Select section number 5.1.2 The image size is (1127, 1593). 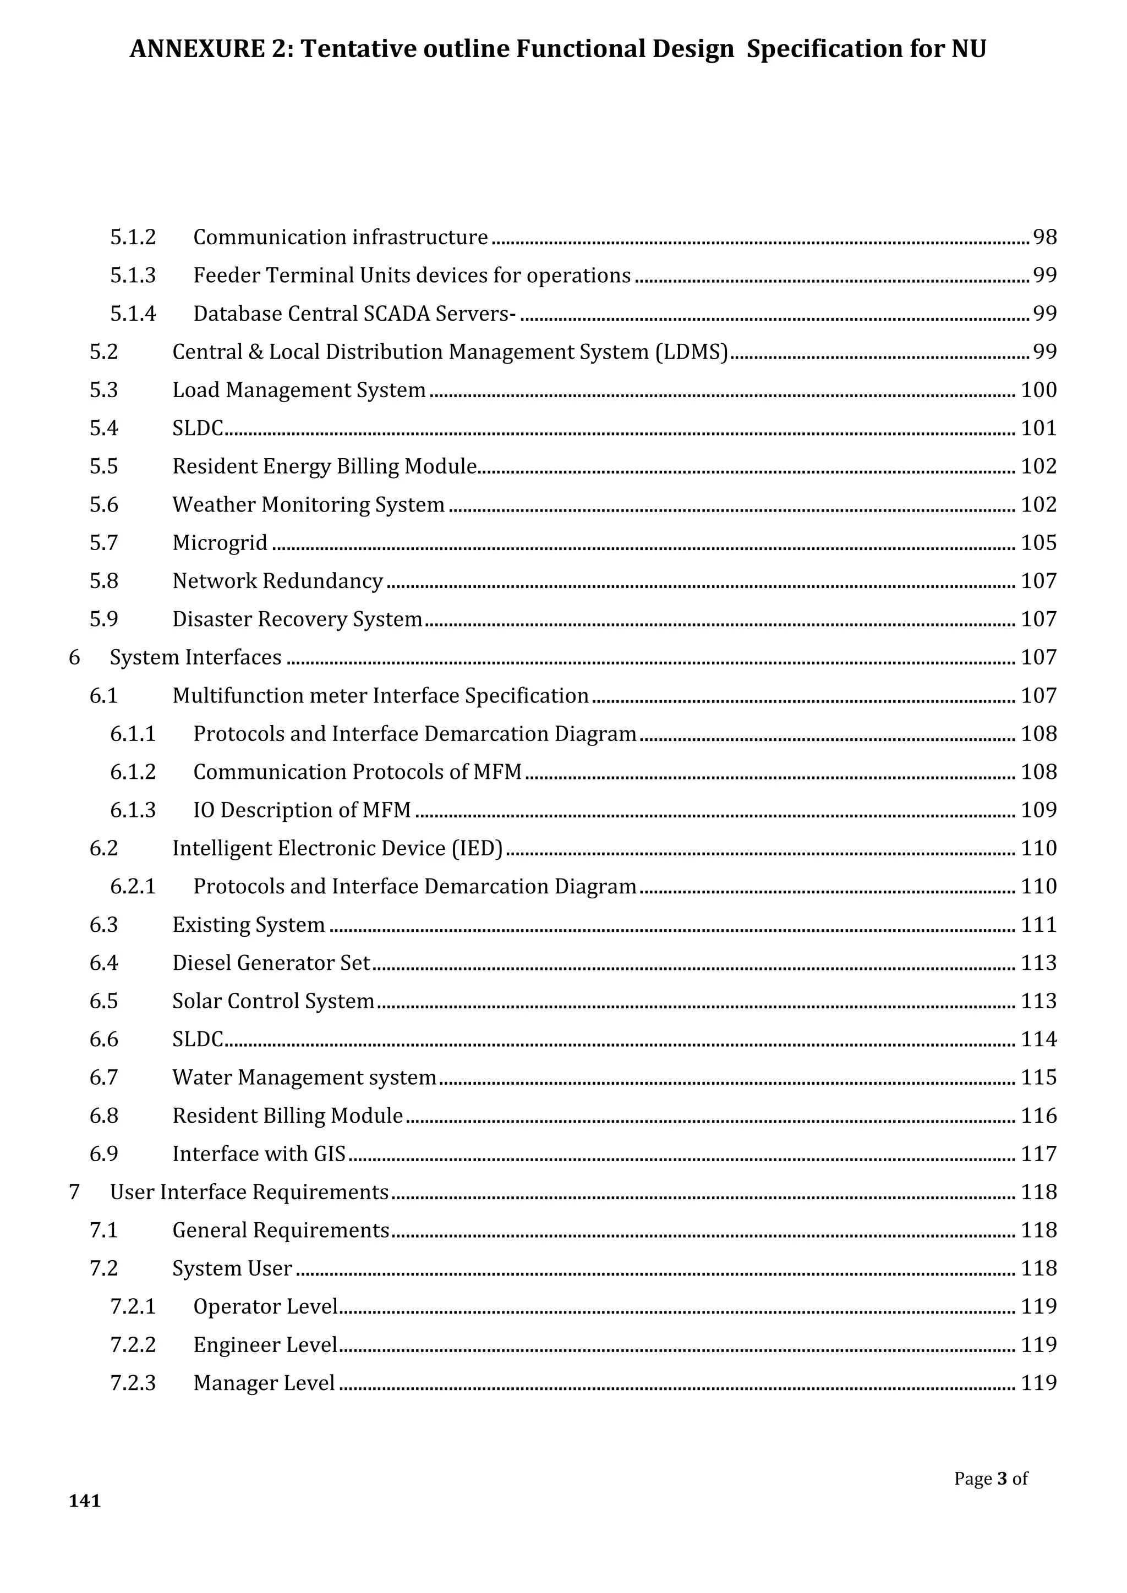click(x=133, y=237)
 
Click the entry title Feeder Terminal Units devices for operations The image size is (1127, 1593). click(x=412, y=276)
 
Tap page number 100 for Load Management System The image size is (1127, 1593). click(x=1038, y=390)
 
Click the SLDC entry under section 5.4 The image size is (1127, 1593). click(x=198, y=428)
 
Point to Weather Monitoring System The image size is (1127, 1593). click(x=308, y=504)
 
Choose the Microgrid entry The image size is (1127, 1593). click(x=220, y=542)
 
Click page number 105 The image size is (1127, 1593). click(x=1038, y=542)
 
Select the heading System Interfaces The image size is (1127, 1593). click(x=196, y=657)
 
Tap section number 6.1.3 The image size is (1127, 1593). click(x=133, y=810)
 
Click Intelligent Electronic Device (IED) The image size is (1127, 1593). click(x=337, y=848)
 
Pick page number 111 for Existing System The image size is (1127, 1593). click(x=1038, y=924)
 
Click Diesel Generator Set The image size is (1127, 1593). click(x=271, y=962)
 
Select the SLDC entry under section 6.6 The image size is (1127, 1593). click(x=198, y=1039)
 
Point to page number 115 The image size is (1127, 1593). click(x=1038, y=1077)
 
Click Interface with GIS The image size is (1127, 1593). click(x=259, y=1153)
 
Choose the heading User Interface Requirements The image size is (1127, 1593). click(x=249, y=1191)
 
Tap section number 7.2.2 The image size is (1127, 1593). click(x=133, y=1344)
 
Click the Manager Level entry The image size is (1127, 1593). click(x=264, y=1382)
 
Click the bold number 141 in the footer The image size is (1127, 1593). click(x=85, y=1501)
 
